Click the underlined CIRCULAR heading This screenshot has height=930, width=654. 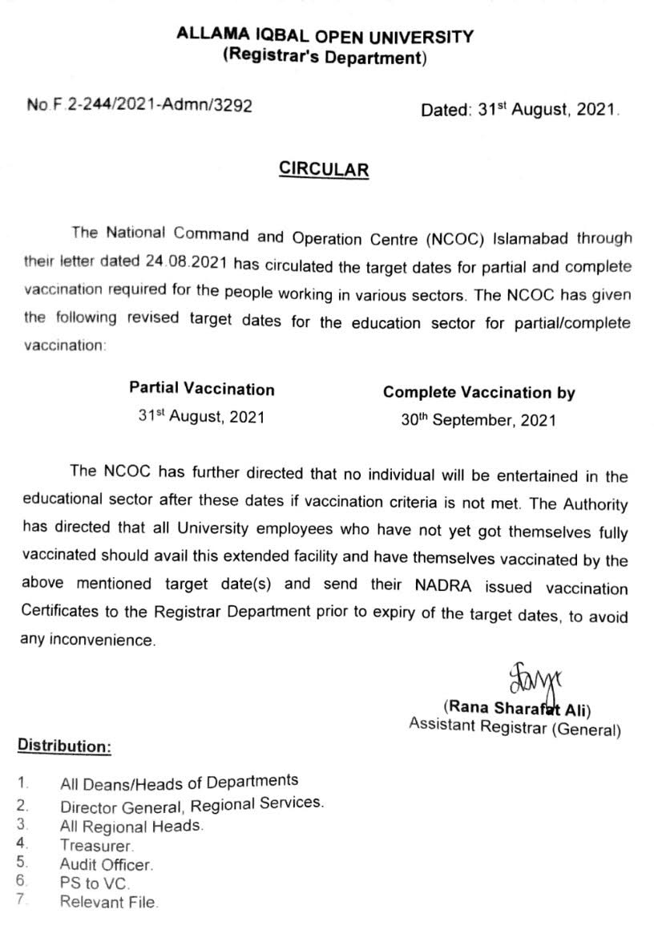[x=324, y=169]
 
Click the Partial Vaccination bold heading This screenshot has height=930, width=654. [x=202, y=390]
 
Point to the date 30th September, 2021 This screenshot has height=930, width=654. [x=478, y=419]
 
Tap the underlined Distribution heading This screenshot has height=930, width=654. [x=65, y=746]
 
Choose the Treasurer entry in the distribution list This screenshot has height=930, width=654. [x=97, y=845]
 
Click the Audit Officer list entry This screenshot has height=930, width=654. [x=106, y=864]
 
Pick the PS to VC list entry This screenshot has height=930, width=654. [x=95, y=883]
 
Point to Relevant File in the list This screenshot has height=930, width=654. [x=109, y=902]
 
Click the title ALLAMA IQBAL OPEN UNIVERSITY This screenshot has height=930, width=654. [x=325, y=36]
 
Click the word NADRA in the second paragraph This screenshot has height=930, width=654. [x=445, y=588]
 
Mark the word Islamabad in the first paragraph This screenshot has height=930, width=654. [x=535, y=238]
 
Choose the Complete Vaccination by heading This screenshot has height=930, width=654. [x=478, y=393]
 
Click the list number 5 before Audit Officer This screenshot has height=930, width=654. [x=22, y=863]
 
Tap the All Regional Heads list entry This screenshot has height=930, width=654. [x=131, y=827]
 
